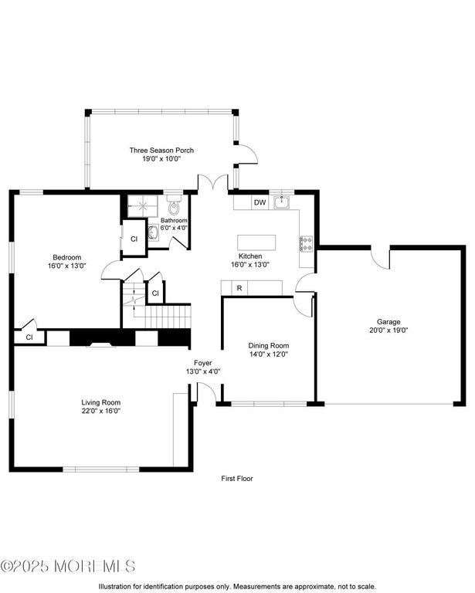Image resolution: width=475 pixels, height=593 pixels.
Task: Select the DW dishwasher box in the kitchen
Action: (x=260, y=202)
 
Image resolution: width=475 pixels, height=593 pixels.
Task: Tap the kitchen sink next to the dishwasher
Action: (x=283, y=202)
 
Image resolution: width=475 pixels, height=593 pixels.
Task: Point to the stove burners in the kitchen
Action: (x=306, y=244)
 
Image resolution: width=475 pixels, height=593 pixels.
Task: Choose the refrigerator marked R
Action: (x=239, y=288)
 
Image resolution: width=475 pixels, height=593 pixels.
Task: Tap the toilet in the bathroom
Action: (x=175, y=208)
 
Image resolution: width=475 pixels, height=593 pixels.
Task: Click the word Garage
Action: (x=388, y=321)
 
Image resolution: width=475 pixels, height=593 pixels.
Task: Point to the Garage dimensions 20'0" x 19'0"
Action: (x=388, y=330)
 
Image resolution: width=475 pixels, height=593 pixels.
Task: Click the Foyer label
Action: (x=203, y=362)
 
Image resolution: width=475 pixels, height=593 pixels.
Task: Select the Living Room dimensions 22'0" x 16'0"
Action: (x=101, y=411)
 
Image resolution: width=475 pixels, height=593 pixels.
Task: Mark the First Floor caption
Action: (x=237, y=478)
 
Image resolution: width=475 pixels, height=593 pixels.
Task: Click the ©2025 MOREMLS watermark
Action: (x=68, y=566)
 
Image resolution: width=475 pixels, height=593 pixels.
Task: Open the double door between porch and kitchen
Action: (x=211, y=183)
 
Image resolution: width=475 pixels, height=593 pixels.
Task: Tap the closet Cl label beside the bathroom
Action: (x=133, y=239)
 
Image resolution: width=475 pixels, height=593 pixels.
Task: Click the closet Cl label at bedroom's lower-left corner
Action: (x=29, y=337)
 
